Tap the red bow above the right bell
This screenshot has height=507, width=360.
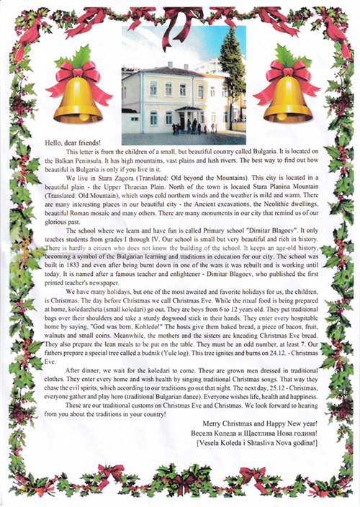pos(284,71)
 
